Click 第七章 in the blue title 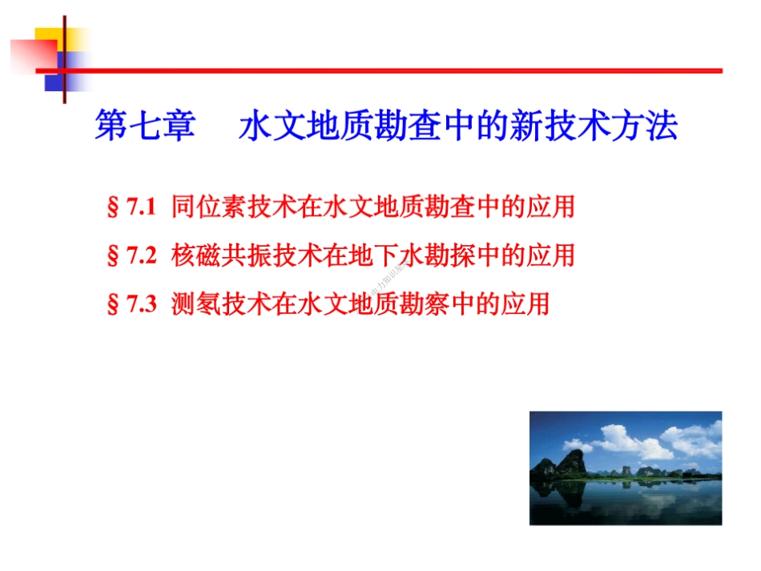pos(144,127)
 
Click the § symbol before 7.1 pos(113,209)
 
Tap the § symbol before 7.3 pos(113,305)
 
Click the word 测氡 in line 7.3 pos(196,304)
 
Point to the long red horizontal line pos(401,70)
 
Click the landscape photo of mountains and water pos(625,468)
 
